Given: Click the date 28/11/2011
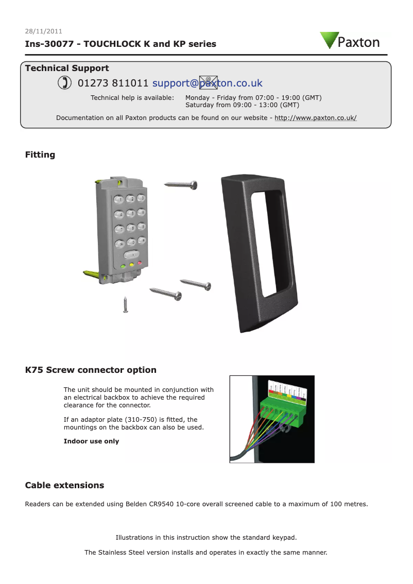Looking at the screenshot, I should pyautogui.click(x=44, y=31).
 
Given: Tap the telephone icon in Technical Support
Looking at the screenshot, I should pyautogui.click(x=64, y=83).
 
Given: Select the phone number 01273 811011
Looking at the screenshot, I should pyautogui.click(x=113, y=83).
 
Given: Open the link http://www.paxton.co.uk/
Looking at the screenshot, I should pyautogui.click(x=315, y=117).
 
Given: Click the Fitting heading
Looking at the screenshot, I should pyautogui.click(x=40, y=154).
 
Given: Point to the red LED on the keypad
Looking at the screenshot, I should pyautogui.click(x=139, y=264).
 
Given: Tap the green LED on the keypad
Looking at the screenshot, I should pyautogui.click(x=123, y=267).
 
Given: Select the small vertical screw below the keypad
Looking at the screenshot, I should pyautogui.click(x=125, y=304).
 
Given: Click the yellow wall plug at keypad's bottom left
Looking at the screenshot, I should pyautogui.click(x=93, y=273).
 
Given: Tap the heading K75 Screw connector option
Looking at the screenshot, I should pyautogui.click(x=91, y=370).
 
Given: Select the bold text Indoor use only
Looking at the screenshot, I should pyautogui.click(x=91, y=441).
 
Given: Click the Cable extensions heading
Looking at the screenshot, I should pyautogui.click(x=64, y=485).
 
